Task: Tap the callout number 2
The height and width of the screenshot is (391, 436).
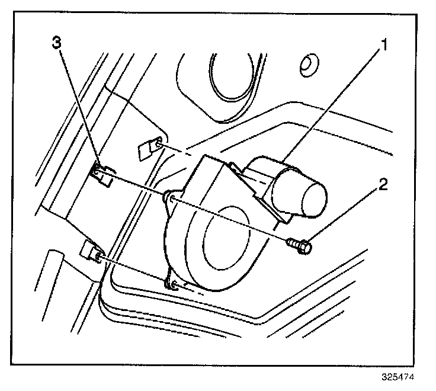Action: coord(384,185)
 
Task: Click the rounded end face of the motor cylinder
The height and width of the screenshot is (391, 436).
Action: coord(310,200)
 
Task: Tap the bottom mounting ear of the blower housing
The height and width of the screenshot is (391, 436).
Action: coord(173,283)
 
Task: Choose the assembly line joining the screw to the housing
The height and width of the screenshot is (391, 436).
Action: coord(231,219)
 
